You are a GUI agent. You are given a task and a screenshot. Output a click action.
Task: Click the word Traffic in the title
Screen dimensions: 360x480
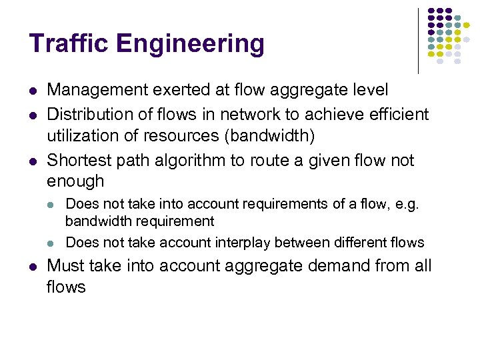coord(66,45)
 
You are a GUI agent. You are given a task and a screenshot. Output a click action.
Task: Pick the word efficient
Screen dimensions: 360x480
coord(396,115)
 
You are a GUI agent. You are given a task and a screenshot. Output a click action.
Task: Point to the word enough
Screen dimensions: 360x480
coord(75,181)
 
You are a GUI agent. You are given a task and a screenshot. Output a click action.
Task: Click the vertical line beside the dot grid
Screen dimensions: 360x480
coord(418,40)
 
